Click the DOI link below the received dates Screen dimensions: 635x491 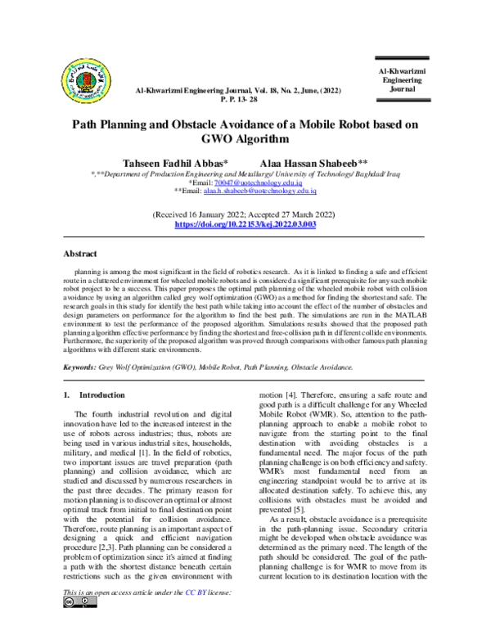point(245,223)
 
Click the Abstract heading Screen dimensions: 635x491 point(83,254)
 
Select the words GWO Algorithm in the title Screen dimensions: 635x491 point(245,139)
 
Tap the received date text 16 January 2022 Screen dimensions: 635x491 point(214,214)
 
